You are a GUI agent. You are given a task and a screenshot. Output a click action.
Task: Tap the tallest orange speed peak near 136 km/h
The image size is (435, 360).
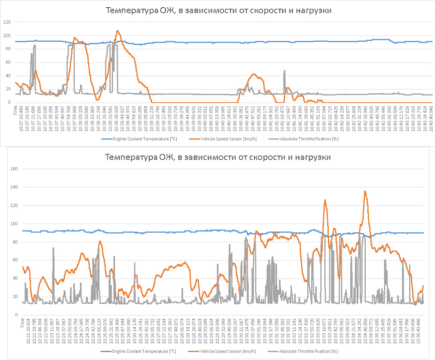click(x=365, y=191)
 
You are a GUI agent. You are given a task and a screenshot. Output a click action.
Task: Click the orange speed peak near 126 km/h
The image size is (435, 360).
click(x=325, y=200)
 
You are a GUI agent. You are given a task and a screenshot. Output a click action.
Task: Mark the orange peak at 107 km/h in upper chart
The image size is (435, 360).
click(x=118, y=31)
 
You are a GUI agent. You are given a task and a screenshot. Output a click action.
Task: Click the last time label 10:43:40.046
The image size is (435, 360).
click(x=431, y=118)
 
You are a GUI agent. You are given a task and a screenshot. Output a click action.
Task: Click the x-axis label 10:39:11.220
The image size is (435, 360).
click(x=151, y=118)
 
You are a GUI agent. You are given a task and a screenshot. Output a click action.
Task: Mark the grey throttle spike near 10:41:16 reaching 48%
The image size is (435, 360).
click(x=285, y=71)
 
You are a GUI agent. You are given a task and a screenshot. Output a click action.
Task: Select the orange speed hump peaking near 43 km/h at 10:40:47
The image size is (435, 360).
click(x=254, y=74)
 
